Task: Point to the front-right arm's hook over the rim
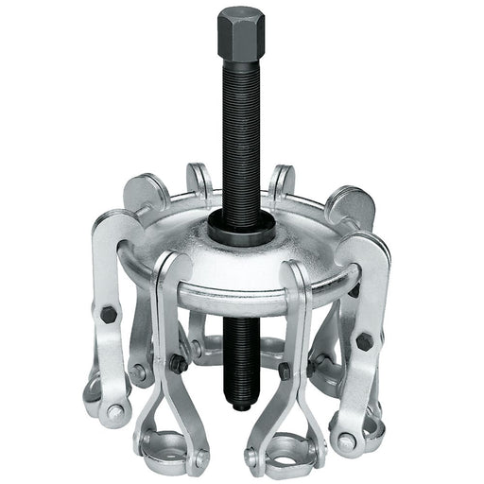pyautogui.click(x=301, y=279)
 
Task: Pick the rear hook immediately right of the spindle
pyautogui.click(x=281, y=179)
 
